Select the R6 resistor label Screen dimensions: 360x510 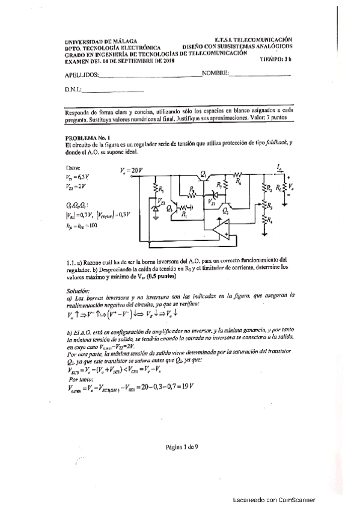coord(239,180)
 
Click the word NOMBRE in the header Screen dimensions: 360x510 coord(215,73)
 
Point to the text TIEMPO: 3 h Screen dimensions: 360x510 coord(276,59)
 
